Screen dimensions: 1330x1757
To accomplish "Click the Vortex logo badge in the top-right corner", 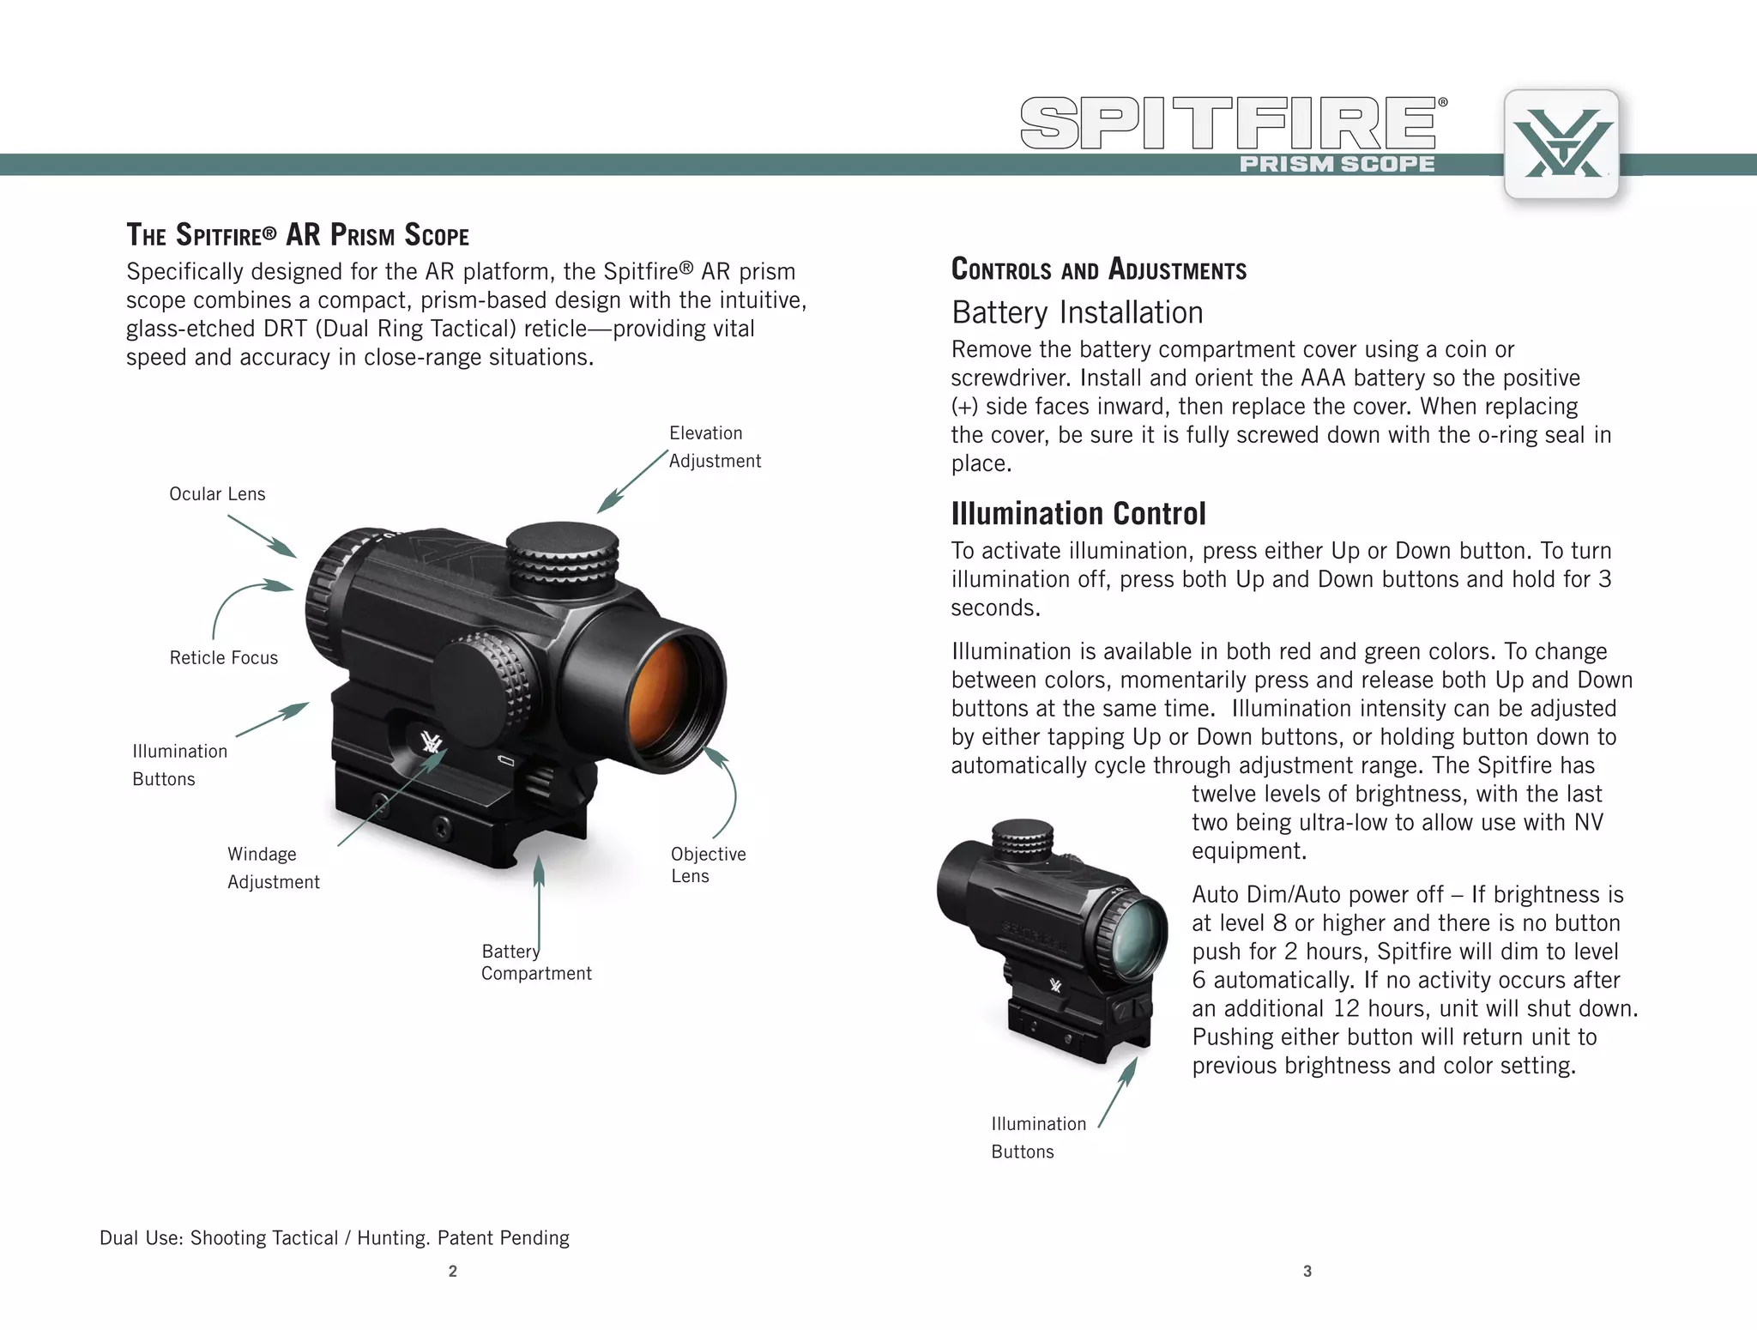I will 1561,144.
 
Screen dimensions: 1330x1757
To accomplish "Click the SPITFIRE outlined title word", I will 1229,124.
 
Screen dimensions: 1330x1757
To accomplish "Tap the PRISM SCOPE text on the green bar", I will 1337,164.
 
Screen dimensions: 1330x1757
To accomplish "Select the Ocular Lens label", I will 217,494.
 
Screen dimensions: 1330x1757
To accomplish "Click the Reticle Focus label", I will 224,658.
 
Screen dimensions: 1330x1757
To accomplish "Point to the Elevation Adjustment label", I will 714,447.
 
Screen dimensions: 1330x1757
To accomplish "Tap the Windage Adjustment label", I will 273,868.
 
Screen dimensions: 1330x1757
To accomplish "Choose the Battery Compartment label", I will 536,963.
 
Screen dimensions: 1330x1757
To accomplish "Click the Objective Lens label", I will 708,865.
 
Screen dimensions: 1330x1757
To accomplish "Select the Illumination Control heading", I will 1078,514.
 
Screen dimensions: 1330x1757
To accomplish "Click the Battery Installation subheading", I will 1078,313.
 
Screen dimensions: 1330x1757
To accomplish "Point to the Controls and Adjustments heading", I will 1099,269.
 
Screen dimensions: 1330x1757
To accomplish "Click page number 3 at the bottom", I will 1307,1272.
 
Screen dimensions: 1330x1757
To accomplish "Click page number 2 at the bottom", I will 453,1272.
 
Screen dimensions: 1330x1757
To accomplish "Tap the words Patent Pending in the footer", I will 504,1238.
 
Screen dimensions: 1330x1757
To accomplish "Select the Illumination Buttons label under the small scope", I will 1038,1138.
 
